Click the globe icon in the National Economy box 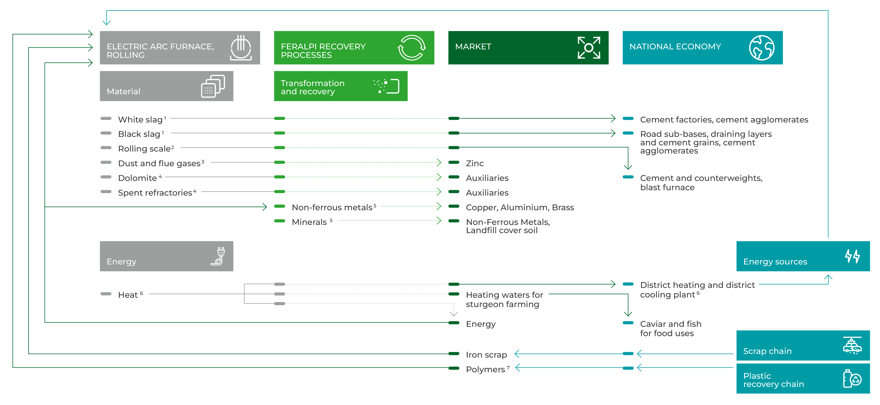761,48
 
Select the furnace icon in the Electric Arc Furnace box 241,48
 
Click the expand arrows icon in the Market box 589,48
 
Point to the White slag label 140,119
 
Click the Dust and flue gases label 160,163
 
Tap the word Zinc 475,163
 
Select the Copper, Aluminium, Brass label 520,207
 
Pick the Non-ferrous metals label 332,207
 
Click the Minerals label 310,222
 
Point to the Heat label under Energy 128,295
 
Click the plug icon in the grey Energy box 219,256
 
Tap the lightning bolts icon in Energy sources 852,256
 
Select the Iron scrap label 486,355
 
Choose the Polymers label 485,369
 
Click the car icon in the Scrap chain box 852,345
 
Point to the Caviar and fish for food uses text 670,329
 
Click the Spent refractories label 155,192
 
